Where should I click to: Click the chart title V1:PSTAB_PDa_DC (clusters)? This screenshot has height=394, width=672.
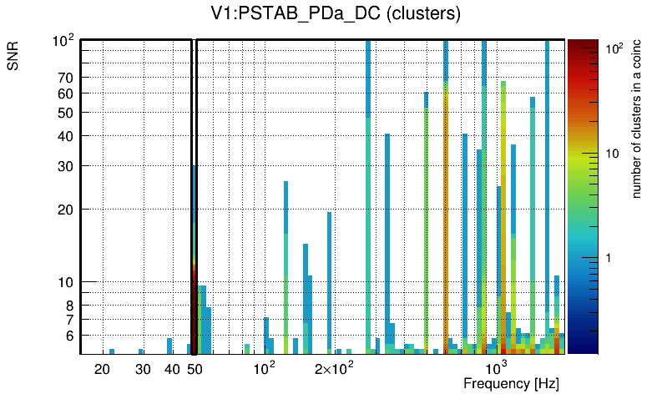pos(336,15)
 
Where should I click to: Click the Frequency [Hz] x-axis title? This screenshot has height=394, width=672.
pos(510,383)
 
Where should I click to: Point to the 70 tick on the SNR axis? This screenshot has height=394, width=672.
pos(65,78)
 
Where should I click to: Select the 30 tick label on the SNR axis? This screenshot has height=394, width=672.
pos(65,166)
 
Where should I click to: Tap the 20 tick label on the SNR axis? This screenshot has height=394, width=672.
pos(65,210)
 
